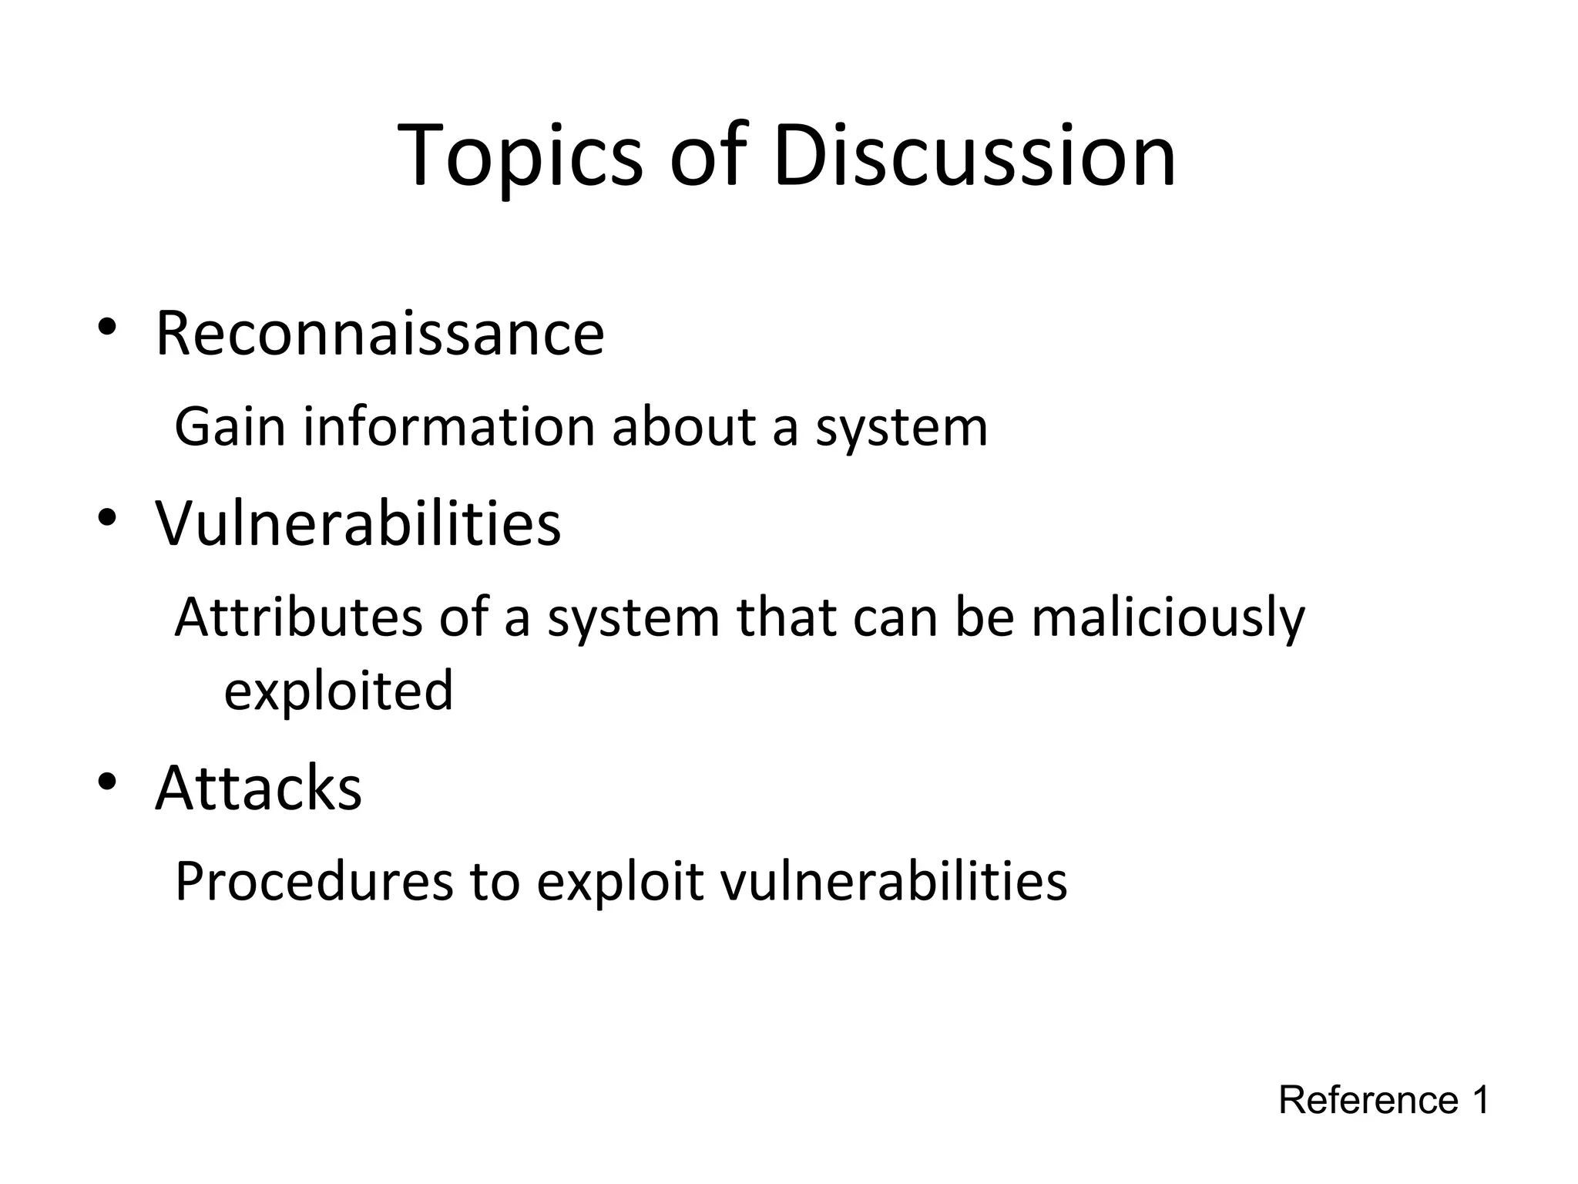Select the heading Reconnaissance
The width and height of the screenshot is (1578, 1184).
pyautogui.click(x=380, y=335)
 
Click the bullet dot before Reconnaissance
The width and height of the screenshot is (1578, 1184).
pyautogui.click(x=106, y=326)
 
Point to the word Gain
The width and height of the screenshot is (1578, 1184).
pyautogui.click(x=230, y=427)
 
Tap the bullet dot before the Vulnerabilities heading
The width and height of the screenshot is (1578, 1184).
pyautogui.click(x=106, y=516)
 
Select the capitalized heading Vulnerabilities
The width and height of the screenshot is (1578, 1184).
pyautogui.click(x=358, y=524)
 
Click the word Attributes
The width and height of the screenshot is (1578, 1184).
pyautogui.click(x=299, y=617)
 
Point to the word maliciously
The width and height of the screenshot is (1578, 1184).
pyautogui.click(x=1168, y=619)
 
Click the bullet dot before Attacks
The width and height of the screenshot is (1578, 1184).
pyautogui.click(x=106, y=781)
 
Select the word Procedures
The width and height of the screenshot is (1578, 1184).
pyautogui.click(x=314, y=882)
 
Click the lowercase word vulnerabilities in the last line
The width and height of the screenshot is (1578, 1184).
pyautogui.click(x=893, y=882)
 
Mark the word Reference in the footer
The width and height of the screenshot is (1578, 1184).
pyautogui.click(x=1368, y=1100)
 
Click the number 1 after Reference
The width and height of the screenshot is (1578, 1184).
pyautogui.click(x=1480, y=1100)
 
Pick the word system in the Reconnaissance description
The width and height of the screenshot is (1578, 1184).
pyautogui.click(x=901, y=429)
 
